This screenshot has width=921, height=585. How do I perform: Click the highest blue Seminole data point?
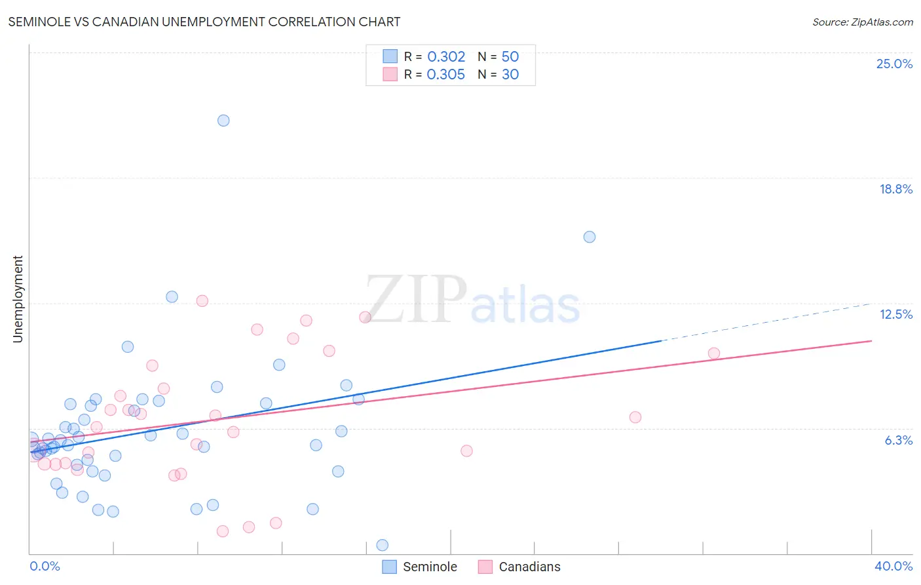click(x=223, y=120)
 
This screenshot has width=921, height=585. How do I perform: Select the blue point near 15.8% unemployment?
click(x=590, y=237)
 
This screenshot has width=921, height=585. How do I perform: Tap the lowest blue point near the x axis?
click(x=383, y=545)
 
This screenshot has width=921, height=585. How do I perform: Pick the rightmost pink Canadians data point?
click(x=714, y=353)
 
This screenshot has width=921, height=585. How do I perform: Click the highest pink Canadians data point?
click(x=202, y=301)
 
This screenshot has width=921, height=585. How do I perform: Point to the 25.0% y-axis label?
click(x=894, y=64)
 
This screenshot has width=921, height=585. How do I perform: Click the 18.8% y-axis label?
click(x=895, y=189)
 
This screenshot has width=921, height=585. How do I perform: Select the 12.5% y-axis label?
click(x=895, y=314)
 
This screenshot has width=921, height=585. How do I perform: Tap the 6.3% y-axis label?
click(x=898, y=440)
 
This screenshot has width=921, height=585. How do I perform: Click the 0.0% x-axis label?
click(x=45, y=566)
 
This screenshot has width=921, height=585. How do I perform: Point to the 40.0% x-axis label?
click(x=893, y=566)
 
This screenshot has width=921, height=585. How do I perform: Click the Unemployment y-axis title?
click(x=18, y=299)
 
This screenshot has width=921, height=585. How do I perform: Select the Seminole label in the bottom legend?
click(x=430, y=567)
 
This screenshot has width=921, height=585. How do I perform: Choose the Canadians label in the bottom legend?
click(x=529, y=567)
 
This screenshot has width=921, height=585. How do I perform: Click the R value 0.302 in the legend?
click(x=446, y=56)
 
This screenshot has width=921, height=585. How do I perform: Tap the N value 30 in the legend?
click(x=510, y=74)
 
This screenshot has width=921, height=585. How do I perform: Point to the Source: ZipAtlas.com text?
click(x=862, y=22)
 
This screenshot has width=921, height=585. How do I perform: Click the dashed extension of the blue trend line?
click(x=766, y=322)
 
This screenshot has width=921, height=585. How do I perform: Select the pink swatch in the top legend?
click(x=390, y=74)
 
